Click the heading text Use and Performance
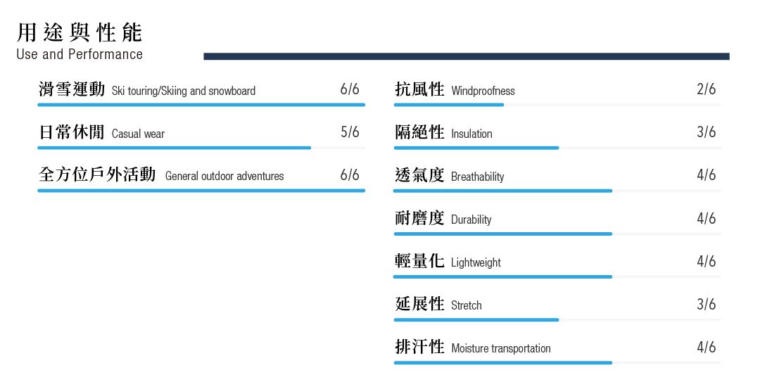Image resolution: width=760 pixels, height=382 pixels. (x=80, y=54)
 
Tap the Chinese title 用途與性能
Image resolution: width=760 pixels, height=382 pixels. (x=80, y=32)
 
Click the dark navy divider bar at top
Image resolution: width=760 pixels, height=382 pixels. (x=467, y=56)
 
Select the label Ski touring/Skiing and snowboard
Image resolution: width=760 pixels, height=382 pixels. (x=183, y=91)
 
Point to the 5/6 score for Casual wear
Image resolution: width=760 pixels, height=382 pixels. (x=350, y=132)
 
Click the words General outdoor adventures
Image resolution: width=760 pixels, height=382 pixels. (x=224, y=176)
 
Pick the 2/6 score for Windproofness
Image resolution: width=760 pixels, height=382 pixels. (x=707, y=89)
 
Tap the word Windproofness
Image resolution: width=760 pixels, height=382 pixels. (x=483, y=91)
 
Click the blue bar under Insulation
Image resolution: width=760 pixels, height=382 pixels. (x=476, y=148)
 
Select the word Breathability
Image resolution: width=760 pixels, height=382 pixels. (x=477, y=177)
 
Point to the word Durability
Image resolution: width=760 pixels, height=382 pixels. (x=471, y=219)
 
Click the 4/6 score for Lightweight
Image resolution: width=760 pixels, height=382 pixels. (x=707, y=261)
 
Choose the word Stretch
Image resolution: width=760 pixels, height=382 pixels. (x=467, y=305)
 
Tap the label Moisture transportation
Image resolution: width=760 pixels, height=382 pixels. (x=501, y=348)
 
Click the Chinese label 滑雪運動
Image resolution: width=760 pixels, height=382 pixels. (x=72, y=89)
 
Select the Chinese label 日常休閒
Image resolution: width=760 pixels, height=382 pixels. (x=72, y=132)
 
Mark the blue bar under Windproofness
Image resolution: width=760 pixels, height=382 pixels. (x=448, y=105)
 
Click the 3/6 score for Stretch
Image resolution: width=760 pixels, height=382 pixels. (x=707, y=304)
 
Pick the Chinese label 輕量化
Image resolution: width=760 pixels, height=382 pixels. (x=419, y=261)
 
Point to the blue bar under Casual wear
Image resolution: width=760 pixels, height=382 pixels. (x=174, y=148)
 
